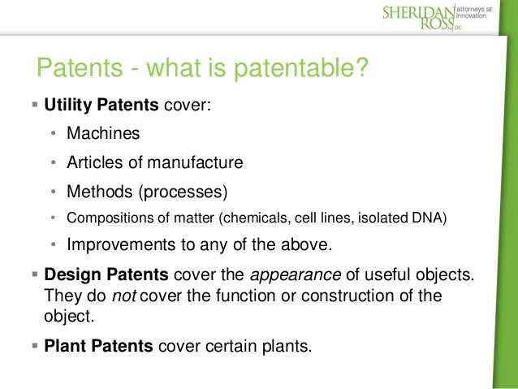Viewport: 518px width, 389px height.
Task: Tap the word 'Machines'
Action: click(103, 133)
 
